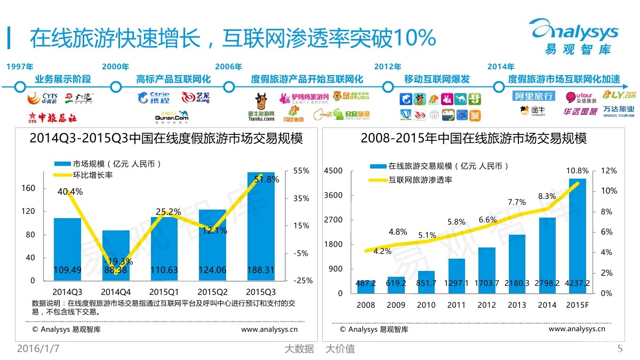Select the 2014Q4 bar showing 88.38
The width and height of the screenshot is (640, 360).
[116, 255]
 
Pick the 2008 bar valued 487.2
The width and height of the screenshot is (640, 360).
[366, 285]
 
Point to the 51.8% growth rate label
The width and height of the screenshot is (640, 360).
[267, 180]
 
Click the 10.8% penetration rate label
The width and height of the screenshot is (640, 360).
[578, 171]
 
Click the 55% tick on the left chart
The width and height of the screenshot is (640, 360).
[301, 171]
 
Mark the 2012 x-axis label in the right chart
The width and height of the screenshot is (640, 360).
[486, 305]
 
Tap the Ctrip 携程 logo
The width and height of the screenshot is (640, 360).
[153, 98]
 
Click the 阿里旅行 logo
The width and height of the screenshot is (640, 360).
[533, 96]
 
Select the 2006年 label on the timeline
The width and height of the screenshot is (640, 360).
[228, 67]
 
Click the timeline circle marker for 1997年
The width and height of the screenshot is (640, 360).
[20, 87]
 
